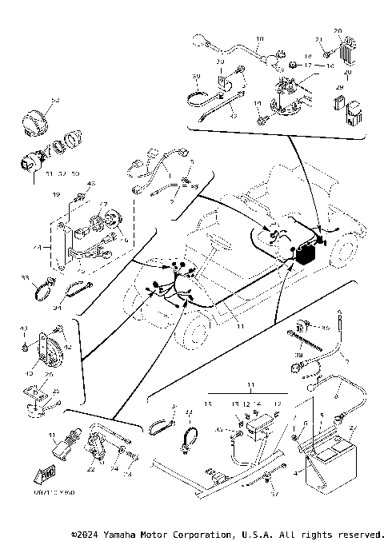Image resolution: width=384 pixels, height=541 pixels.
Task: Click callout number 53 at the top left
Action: (x=55, y=99)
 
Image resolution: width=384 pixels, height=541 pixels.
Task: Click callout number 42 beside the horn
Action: (x=68, y=347)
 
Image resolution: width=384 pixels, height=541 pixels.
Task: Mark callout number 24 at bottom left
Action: (x=114, y=470)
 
